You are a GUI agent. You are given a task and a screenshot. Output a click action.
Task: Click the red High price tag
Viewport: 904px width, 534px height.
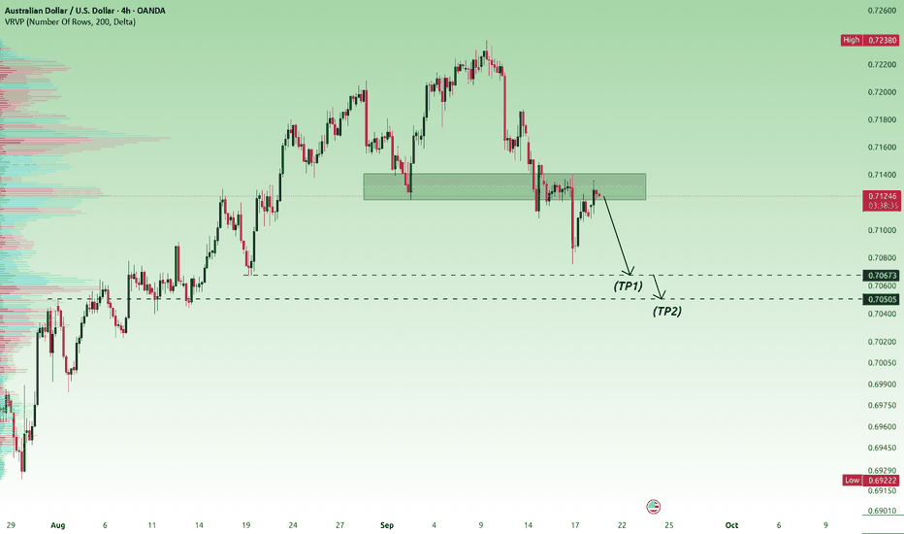[851, 40]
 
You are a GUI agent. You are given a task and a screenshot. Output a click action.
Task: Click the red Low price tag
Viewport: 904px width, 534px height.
[853, 480]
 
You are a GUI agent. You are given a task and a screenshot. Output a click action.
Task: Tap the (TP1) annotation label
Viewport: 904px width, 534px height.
[628, 285]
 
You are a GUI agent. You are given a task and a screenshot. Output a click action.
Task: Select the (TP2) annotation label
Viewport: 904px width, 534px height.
[667, 311]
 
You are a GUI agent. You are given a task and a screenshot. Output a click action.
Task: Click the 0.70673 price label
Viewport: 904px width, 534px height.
[882, 276]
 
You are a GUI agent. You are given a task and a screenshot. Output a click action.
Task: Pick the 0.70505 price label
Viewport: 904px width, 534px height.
[882, 299]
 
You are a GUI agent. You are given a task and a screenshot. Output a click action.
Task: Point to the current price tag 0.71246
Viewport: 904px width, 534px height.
[882, 196]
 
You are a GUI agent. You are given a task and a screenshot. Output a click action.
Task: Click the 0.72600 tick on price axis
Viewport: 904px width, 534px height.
[882, 11]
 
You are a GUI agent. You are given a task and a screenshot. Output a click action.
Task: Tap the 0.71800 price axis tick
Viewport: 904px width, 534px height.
[882, 119]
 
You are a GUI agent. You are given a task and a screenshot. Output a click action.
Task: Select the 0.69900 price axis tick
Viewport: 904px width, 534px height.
[882, 384]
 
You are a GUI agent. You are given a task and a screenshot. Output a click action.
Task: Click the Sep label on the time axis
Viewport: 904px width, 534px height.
[387, 524]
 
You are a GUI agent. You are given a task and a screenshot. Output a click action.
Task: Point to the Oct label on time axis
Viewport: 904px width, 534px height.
[731, 524]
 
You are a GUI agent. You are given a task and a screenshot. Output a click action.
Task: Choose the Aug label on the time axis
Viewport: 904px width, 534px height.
[57, 525]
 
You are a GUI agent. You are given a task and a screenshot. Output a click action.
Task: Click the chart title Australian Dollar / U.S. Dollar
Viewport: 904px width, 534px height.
[54, 11]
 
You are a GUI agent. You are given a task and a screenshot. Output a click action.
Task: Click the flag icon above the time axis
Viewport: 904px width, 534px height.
[653, 507]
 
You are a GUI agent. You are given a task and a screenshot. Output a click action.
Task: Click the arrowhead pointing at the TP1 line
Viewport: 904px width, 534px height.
[629, 271]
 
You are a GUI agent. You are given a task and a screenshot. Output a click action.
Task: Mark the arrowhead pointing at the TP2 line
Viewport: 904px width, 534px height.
[661, 295]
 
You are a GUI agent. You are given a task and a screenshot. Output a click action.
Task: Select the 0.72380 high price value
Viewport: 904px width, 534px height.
[882, 40]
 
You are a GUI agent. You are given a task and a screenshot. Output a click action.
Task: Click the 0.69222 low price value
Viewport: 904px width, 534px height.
[882, 480]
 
